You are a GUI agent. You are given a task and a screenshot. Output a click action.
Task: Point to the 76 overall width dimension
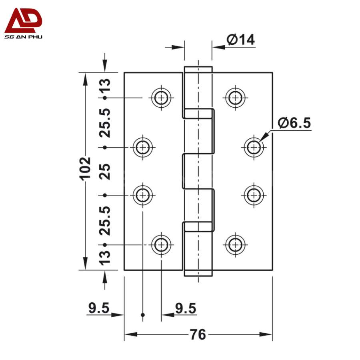point(198,334)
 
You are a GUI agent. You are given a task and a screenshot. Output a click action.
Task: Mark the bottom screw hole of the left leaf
point(161,244)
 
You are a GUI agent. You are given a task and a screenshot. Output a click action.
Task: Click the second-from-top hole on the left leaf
point(142,147)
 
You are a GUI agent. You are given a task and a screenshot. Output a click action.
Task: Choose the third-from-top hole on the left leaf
point(142,195)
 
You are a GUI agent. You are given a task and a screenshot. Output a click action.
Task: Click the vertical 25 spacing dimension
point(105,171)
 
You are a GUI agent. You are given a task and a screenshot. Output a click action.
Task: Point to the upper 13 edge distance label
point(105,85)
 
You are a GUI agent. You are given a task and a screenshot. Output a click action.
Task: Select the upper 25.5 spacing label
point(105,122)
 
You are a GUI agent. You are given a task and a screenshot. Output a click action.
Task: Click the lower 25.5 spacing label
point(105,220)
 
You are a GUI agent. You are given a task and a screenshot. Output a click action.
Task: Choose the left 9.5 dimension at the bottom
point(99,308)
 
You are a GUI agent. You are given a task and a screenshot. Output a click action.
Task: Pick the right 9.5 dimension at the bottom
point(186,308)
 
